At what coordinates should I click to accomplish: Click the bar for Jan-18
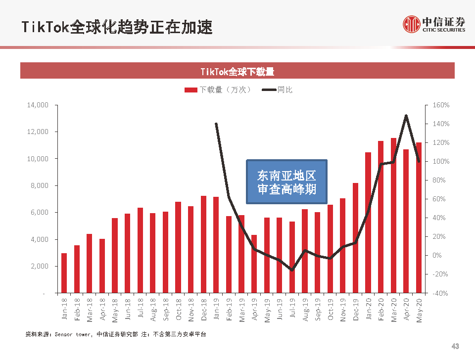(64, 273)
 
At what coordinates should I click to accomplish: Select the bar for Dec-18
(203, 244)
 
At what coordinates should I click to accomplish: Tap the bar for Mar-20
(393, 215)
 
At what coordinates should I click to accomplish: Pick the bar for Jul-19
(292, 257)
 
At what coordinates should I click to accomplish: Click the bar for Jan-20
(368, 223)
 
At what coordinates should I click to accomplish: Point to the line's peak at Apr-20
(406, 116)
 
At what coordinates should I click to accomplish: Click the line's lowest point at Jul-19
(292, 270)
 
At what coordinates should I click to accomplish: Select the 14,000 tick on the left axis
(37, 105)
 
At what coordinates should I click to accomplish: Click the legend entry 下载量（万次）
(218, 90)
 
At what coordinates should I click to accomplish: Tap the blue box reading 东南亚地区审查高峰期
(286, 182)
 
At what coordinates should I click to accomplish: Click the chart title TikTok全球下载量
(237, 72)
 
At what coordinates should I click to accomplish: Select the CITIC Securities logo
(434, 24)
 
